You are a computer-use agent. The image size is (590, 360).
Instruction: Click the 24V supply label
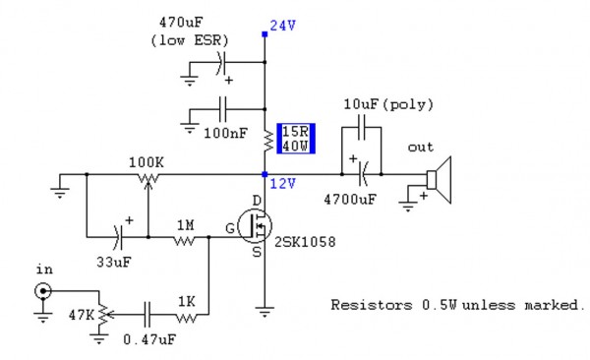(282, 27)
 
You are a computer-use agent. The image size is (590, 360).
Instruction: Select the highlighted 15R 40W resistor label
(295, 140)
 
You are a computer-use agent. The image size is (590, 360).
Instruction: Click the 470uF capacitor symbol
(220, 63)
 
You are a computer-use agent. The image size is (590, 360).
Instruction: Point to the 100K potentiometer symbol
(147, 177)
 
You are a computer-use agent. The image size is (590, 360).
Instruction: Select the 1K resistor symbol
(186, 316)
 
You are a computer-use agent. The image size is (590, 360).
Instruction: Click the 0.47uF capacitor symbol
(147, 316)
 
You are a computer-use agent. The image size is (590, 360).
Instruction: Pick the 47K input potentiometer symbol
(99, 315)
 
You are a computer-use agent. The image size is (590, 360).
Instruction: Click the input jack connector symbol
(43, 291)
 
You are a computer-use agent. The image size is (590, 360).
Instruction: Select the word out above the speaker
(420, 148)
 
